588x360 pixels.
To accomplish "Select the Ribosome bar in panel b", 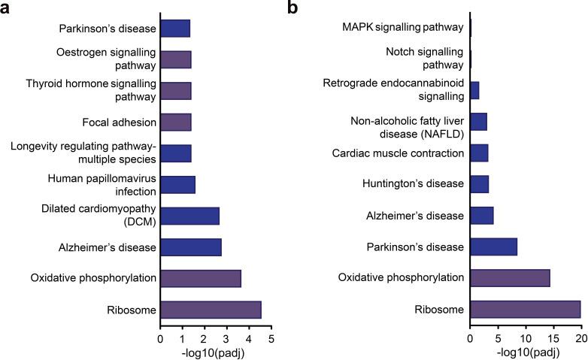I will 525,310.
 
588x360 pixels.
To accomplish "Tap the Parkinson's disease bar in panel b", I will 493,247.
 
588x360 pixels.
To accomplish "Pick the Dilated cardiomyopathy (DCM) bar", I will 189,216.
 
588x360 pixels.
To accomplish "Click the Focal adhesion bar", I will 176,122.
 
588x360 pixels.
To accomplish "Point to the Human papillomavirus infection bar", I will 177,185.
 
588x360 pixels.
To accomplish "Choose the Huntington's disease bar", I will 479,184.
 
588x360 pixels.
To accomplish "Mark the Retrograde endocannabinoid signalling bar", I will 474,90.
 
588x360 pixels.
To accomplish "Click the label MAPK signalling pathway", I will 402,28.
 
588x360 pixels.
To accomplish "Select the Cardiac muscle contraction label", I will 399,153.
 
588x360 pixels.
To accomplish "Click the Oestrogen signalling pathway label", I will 106,59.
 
